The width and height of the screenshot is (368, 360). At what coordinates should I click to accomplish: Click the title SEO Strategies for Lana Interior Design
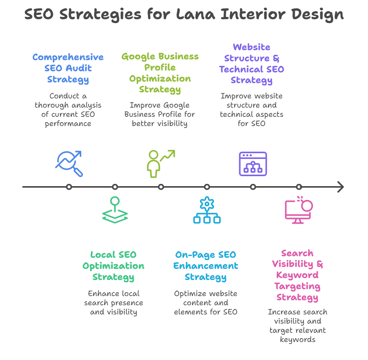pyautogui.click(x=184, y=15)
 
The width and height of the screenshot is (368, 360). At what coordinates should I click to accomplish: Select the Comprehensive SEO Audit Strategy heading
pyautogui.click(x=68, y=69)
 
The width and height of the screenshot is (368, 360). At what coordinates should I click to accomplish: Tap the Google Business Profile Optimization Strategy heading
pyautogui.click(x=160, y=73)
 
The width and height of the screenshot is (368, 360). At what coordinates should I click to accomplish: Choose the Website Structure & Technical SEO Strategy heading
pyautogui.click(x=251, y=64)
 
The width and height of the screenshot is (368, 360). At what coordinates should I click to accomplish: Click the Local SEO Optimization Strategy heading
pyautogui.click(x=113, y=266)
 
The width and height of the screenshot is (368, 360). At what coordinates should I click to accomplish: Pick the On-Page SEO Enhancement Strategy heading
pyautogui.click(x=205, y=266)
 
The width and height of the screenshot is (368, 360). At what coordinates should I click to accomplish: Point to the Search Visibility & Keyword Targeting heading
pyautogui.click(x=297, y=275)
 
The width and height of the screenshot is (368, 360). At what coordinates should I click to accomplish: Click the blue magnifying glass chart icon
pyautogui.click(x=69, y=164)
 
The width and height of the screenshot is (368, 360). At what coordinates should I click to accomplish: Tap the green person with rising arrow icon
pyautogui.click(x=160, y=164)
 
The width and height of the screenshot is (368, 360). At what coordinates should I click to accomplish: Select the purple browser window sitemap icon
pyautogui.click(x=253, y=164)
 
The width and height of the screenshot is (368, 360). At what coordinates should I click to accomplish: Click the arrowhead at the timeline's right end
pyautogui.click(x=340, y=187)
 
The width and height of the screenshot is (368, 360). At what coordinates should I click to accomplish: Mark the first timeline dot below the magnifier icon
pyautogui.click(x=69, y=187)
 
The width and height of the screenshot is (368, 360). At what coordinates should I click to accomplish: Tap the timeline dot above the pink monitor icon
pyautogui.click(x=299, y=187)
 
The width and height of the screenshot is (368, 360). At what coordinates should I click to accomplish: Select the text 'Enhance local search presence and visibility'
pyautogui.click(x=113, y=303)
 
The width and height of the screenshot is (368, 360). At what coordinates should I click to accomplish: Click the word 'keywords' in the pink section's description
pyautogui.click(x=297, y=340)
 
